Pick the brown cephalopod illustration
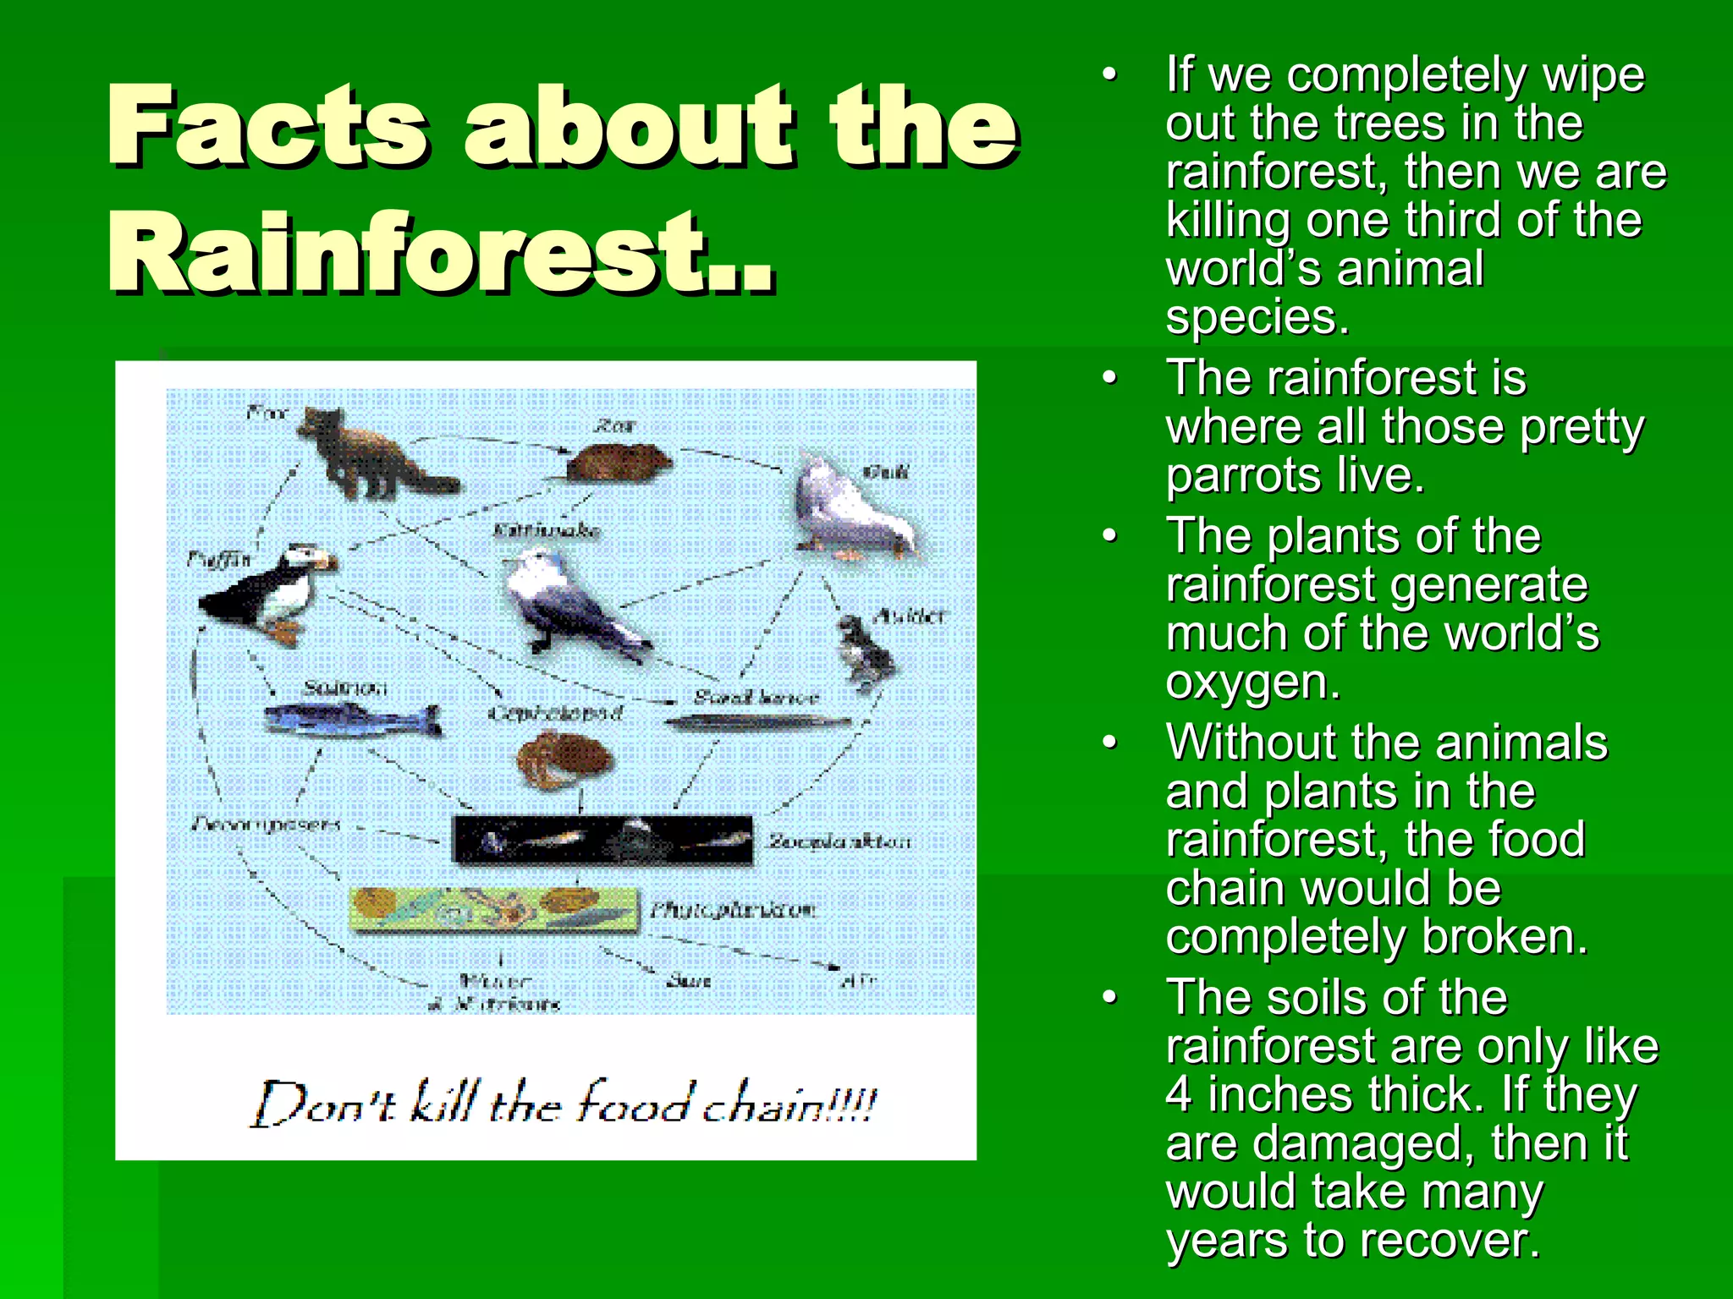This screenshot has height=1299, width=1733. click(563, 759)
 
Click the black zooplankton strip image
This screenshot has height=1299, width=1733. click(602, 840)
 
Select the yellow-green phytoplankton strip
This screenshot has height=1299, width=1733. click(495, 909)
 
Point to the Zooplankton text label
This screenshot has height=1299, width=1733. click(839, 841)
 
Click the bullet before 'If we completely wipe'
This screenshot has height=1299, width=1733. click(1110, 74)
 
